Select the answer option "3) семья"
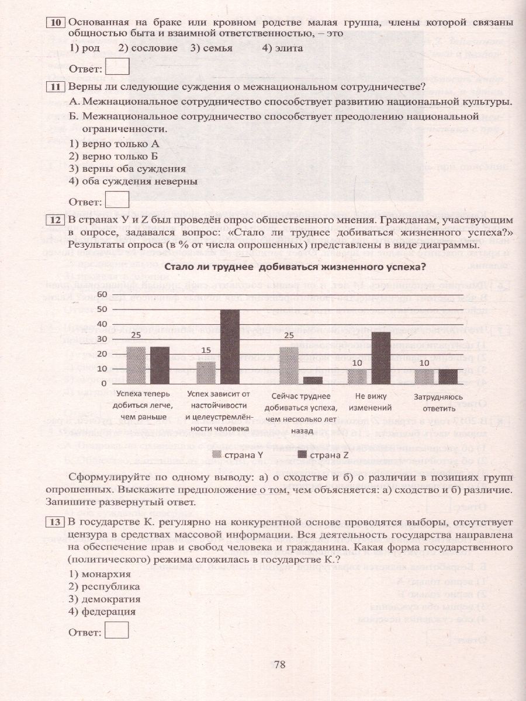tap(211, 48)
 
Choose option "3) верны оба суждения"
tap(127, 168)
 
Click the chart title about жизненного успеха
tap(295, 267)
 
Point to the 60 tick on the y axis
tap(102, 294)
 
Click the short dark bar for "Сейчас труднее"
tap(313, 380)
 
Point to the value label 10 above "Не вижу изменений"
tap(357, 363)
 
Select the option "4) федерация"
tap(102, 612)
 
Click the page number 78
tap(279, 664)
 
